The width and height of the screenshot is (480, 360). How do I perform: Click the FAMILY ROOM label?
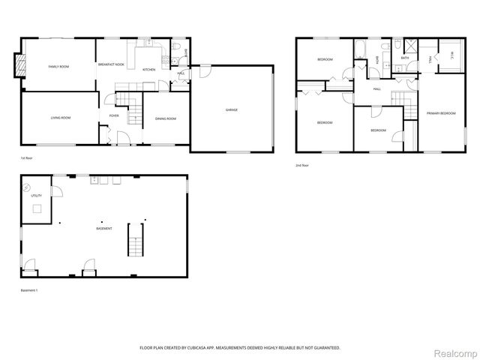coord(58,67)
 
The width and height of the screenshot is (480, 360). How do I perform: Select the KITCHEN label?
coord(148,69)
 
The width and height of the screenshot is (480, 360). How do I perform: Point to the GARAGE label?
coord(232,110)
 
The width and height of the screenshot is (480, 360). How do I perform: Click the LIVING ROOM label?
coord(61,118)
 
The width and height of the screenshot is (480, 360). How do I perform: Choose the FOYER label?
coord(114,115)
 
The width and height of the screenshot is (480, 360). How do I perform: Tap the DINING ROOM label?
coord(165,118)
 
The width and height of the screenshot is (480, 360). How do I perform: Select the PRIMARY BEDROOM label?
coord(441,113)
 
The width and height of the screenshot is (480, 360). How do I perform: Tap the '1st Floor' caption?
coord(27,158)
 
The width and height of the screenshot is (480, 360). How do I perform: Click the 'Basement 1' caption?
coord(29,290)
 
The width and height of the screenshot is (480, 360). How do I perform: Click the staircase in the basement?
coord(136,240)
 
